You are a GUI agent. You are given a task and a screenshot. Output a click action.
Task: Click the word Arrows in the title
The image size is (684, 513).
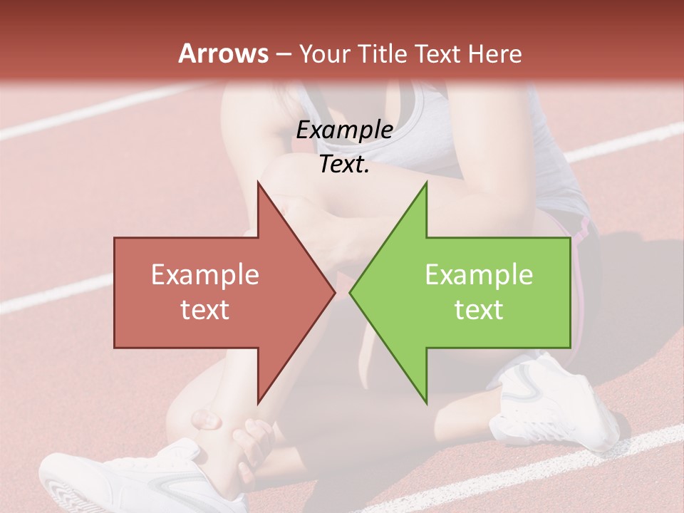pos(222,53)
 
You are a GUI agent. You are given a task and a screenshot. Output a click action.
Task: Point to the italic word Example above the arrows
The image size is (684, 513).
pos(344,130)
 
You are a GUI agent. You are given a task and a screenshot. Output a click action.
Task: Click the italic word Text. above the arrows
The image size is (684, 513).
pos(344,165)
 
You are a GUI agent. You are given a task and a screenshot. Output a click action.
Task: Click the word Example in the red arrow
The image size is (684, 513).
pos(205,275)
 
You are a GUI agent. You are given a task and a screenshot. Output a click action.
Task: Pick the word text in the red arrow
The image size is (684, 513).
pos(205,310)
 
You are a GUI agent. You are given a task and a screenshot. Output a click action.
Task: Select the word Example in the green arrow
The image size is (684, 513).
pos(479,275)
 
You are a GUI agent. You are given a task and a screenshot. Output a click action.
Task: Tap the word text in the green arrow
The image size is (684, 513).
pos(479,310)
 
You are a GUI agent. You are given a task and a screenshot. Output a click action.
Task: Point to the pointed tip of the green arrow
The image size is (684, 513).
pos(351,292)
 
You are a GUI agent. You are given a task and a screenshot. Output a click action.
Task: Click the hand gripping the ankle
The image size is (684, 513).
pos(253,442)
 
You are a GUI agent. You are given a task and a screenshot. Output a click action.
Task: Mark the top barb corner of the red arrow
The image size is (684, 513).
pos(258,182)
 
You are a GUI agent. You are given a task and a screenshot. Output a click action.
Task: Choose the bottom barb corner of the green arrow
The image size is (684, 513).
pos(426,403)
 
